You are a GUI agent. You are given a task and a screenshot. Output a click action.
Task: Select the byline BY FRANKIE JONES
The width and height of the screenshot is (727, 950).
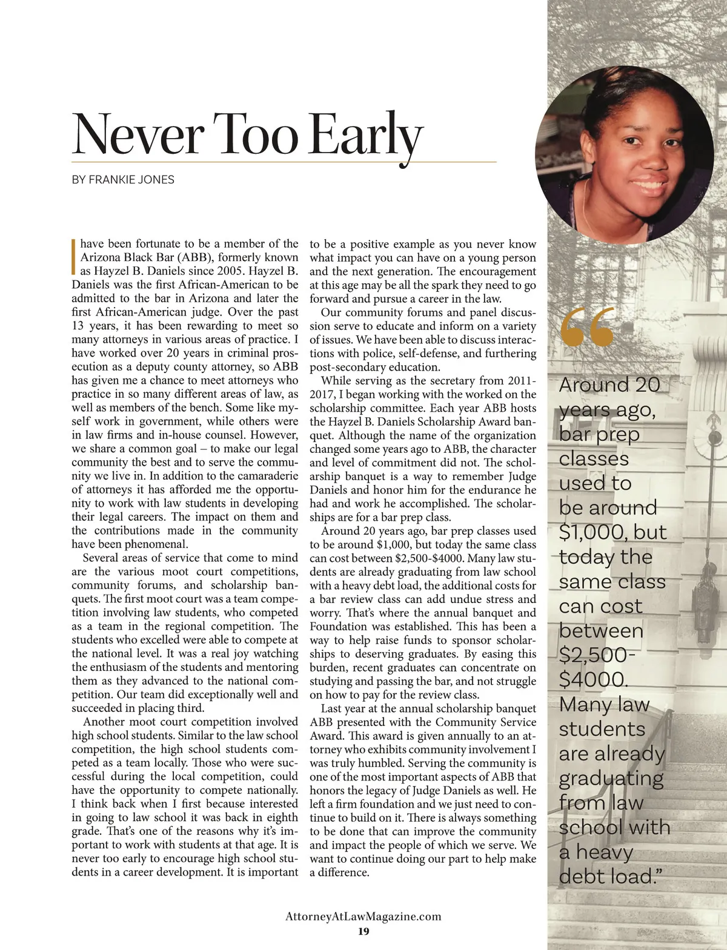tap(123, 180)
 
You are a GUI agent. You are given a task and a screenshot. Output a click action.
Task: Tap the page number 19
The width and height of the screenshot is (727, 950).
tap(363, 931)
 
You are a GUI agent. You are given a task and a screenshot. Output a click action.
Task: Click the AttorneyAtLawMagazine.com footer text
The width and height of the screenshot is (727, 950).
tap(363, 916)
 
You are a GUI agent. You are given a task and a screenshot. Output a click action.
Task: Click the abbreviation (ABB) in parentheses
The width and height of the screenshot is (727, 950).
tap(193, 257)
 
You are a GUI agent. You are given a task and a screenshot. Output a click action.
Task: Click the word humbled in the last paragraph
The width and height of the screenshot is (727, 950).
tap(385, 763)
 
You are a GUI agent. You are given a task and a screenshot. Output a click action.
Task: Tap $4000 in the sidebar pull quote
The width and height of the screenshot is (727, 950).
tap(591, 680)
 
